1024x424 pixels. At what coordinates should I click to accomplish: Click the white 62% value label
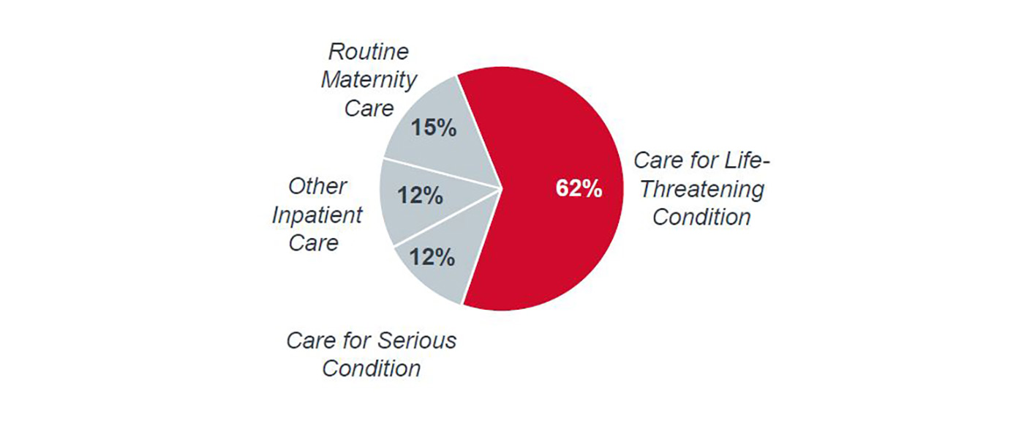(x=579, y=188)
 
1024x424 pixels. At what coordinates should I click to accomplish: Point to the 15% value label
(x=433, y=127)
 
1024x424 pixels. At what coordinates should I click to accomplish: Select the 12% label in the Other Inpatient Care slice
(x=420, y=196)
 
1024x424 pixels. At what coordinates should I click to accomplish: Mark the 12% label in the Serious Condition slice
(x=433, y=257)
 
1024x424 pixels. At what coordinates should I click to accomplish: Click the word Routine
(x=368, y=51)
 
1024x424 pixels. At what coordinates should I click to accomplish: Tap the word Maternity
(x=369, y=79)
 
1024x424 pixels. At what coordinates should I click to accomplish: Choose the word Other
(x=317, y=186)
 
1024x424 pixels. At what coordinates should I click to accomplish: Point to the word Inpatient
(x=317, y=215)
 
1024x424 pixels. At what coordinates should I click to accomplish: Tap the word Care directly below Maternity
(x=369, y=108)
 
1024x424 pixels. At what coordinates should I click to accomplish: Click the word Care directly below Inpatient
(x=314, y=242)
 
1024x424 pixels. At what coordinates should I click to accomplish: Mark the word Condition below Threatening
(x=701, y=217)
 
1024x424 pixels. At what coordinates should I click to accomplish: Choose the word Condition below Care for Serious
(x=371, y=368)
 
